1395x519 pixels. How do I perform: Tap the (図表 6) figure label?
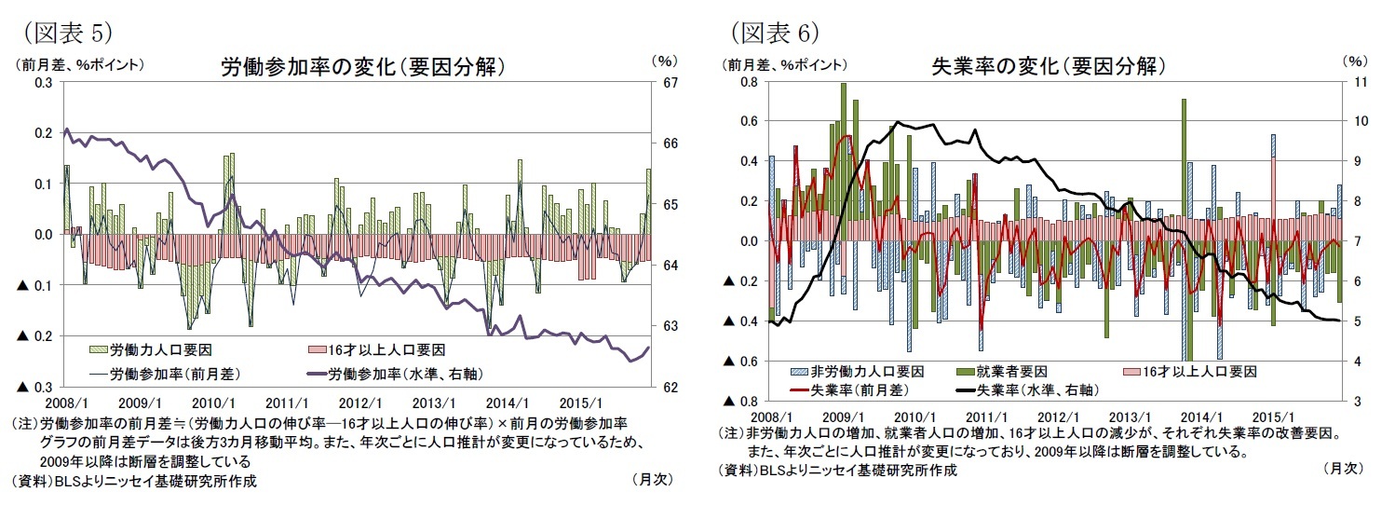pos(772,33)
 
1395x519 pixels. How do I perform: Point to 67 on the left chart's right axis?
pos(663,83)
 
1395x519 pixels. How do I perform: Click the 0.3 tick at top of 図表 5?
pos(43,83)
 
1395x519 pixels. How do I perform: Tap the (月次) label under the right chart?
pos(1342,469)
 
